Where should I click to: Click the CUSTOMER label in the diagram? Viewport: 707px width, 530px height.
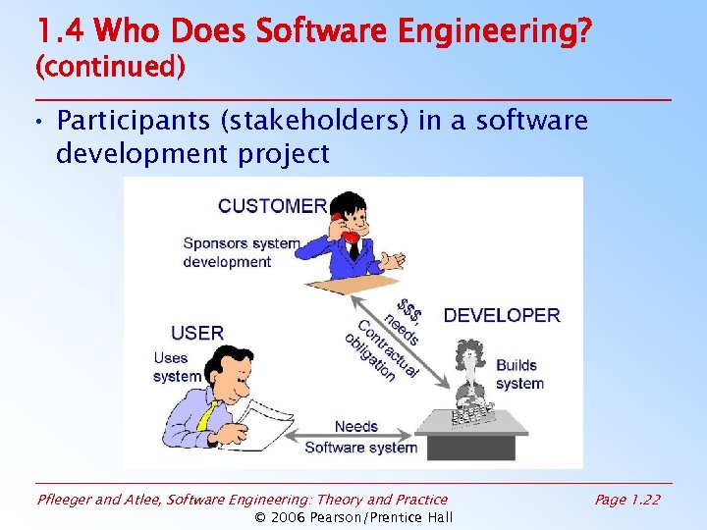click(x=272, y=206)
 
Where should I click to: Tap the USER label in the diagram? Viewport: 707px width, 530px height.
click(x=197, y=333)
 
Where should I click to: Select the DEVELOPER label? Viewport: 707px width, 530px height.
click(x=502, y=315)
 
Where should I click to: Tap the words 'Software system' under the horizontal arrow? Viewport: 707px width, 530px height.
click(x=360, y=448)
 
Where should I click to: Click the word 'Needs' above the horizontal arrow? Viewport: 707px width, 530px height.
click(x=355, y=426)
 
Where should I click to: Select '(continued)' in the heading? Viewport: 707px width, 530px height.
click(x=109, y=68)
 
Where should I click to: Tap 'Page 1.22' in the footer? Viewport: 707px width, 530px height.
click(x=627, y=500)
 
